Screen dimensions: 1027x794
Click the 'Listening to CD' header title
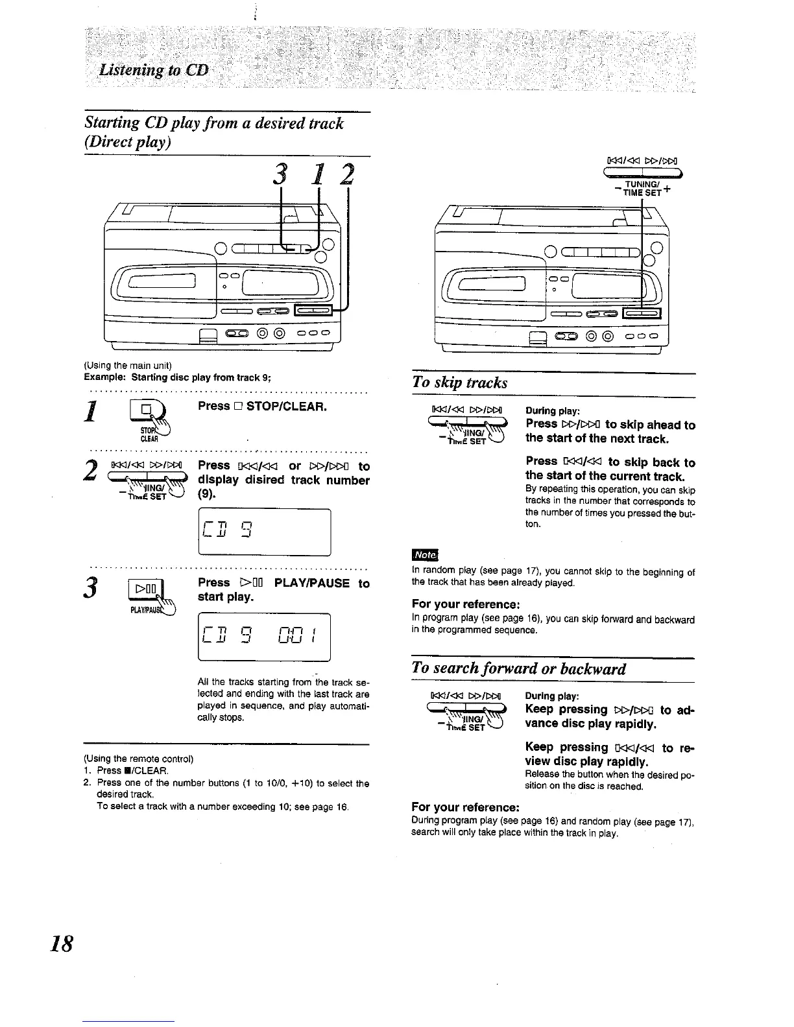[153, 69]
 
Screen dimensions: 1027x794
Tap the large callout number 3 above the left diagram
[281, 174]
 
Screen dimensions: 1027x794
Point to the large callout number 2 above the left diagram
[348, 174]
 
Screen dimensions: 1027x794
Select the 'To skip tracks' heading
[460, 382]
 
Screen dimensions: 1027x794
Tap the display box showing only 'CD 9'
[264, 532]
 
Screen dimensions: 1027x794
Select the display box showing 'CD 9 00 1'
[264, 637]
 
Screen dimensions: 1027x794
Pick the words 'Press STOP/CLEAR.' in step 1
[262, 407]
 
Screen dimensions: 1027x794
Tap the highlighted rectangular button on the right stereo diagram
[641, 314]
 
